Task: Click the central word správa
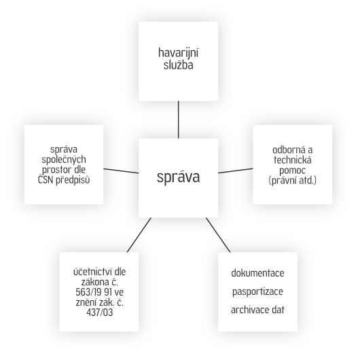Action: coord(178,177)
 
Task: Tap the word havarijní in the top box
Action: coord(179,53)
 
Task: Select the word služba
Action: coord(179,65)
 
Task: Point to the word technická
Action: coord(293,160)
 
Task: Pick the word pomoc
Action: coord(293,170)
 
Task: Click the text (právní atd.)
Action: coord(293,181)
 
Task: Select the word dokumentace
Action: coord(257,273)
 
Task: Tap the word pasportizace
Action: coord(257,292)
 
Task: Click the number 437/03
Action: coord(100,312)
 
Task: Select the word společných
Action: coord(64,160)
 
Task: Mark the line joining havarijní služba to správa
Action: coord(179,120)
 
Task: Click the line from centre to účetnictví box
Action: coord(139,235)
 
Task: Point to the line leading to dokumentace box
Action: coord(218,235)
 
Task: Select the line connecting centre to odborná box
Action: coord(235,170)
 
